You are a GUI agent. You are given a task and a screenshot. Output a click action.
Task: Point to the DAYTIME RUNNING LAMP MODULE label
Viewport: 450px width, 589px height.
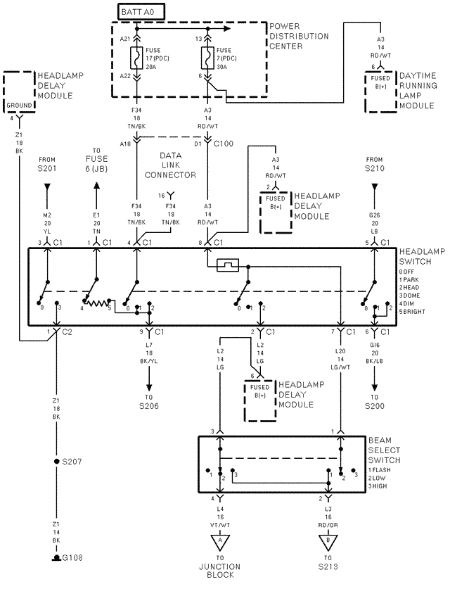pyautogui.click(x=419, y=89)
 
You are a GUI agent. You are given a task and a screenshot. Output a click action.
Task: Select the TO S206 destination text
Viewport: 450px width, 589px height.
pyautogui.click(x=149, y=402)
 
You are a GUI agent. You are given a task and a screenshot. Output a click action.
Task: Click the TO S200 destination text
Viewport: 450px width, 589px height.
pyautogui.click(x=374, y=402)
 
